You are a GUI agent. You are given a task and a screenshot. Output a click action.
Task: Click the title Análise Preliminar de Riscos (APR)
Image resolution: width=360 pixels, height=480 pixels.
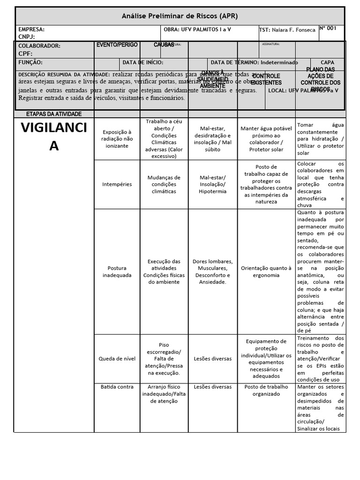tap(180, 16)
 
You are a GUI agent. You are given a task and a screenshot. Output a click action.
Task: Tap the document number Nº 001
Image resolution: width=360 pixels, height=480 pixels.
tap(328, 28)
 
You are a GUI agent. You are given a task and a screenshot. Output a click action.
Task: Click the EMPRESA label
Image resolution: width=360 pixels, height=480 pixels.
tap(31, 29)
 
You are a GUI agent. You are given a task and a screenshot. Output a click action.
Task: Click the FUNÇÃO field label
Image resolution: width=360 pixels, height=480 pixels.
tap(30, 62)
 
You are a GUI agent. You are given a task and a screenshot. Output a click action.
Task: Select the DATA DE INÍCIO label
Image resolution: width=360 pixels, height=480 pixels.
tap(143, 62)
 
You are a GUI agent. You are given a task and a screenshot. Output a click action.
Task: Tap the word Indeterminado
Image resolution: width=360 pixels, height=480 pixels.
tap(279, 62)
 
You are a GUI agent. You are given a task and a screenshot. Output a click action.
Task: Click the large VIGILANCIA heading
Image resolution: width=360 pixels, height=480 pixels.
tap(54, 136)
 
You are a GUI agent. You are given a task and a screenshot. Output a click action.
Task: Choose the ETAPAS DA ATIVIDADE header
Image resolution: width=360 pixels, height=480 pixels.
tap(54, 114)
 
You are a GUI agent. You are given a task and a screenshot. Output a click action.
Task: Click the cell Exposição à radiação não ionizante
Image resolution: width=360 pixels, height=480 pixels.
tap(117, 139)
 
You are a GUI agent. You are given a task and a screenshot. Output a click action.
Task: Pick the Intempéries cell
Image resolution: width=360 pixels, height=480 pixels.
tap(117, 184)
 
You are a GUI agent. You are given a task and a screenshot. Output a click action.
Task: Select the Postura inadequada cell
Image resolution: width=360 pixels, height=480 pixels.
tap(117, 271)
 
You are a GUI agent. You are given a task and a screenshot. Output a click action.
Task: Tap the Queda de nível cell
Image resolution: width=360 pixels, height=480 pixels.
tap(117, 359)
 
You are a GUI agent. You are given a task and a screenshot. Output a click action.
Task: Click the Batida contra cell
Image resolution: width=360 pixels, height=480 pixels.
tap(117, 387)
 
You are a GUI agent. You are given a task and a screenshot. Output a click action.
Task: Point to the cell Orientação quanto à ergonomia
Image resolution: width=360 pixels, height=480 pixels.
tap(266, 271)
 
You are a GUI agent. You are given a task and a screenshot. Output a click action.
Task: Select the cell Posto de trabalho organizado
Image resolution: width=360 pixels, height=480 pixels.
tap(266, 390)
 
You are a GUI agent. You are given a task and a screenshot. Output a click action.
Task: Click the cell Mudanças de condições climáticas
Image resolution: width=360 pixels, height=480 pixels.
tap(164, 184)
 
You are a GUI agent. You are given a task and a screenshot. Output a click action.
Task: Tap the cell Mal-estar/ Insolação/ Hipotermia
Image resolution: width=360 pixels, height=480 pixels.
tap(212, 184)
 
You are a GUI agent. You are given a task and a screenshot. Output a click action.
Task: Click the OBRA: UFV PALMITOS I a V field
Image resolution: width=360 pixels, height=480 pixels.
tap(197, 29)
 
